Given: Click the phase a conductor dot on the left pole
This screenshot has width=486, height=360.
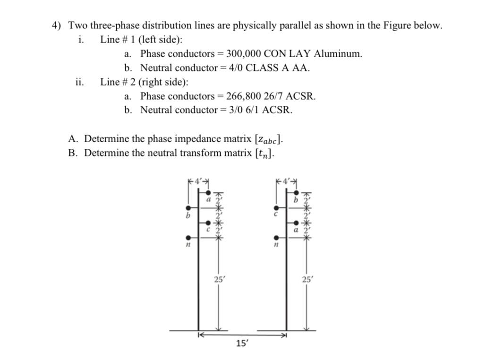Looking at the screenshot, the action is (x=208, y=193).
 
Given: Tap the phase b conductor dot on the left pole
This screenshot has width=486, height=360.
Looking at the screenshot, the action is (x=188, y=208).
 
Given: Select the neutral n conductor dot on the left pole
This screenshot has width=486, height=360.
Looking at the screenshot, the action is (x=188, y=238).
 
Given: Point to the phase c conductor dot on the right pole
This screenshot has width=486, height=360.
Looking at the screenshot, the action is (x=276, y=208).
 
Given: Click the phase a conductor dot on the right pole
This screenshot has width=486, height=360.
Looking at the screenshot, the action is (x=296, y=223).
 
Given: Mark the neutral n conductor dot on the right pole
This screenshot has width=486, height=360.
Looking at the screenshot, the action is (x=276, y=238).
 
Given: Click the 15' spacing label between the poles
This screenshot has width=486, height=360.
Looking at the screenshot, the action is (x=241, y=344).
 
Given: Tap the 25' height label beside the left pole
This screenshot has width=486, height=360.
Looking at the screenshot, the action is (x=218, y=279).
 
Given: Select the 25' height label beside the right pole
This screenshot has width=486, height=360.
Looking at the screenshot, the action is (x=307, y=279).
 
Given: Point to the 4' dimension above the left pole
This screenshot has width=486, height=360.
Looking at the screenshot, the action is (x=198, y=181).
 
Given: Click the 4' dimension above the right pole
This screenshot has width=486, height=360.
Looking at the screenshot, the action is (x=286, y=181).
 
